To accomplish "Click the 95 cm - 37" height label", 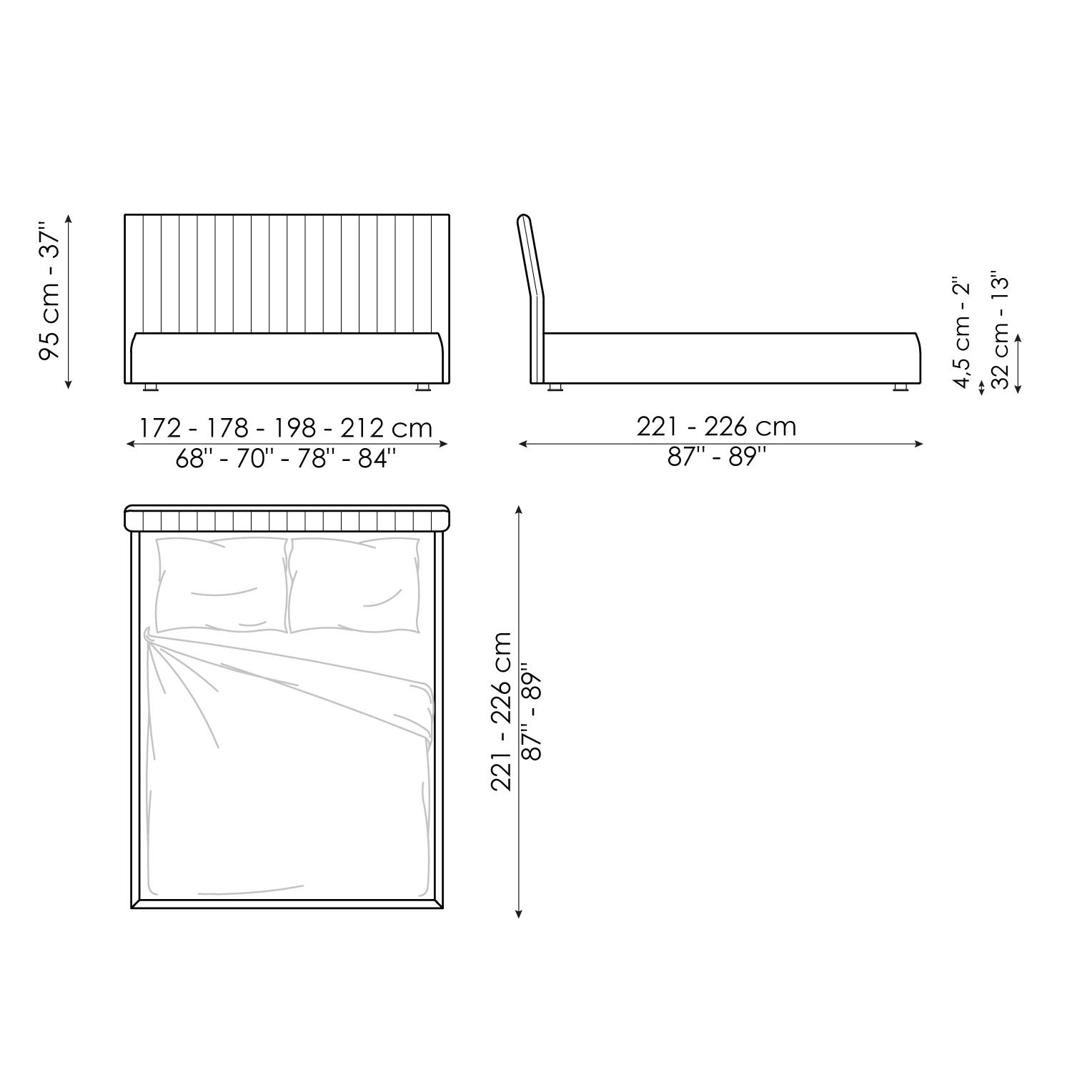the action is (x=51, y=294).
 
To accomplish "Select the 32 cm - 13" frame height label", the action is (x=1001, y=330).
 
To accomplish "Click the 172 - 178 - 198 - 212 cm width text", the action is (x=286, y=427).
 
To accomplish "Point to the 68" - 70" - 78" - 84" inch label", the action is (x=286, y=458).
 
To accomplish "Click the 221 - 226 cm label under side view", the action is (x=716, y=427).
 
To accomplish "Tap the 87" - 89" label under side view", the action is (x=716, y=457).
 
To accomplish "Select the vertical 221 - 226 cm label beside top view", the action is (x=502, y=711).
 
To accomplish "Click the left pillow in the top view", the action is (x=222, y=585).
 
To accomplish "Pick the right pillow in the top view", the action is (x=354, y=585).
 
